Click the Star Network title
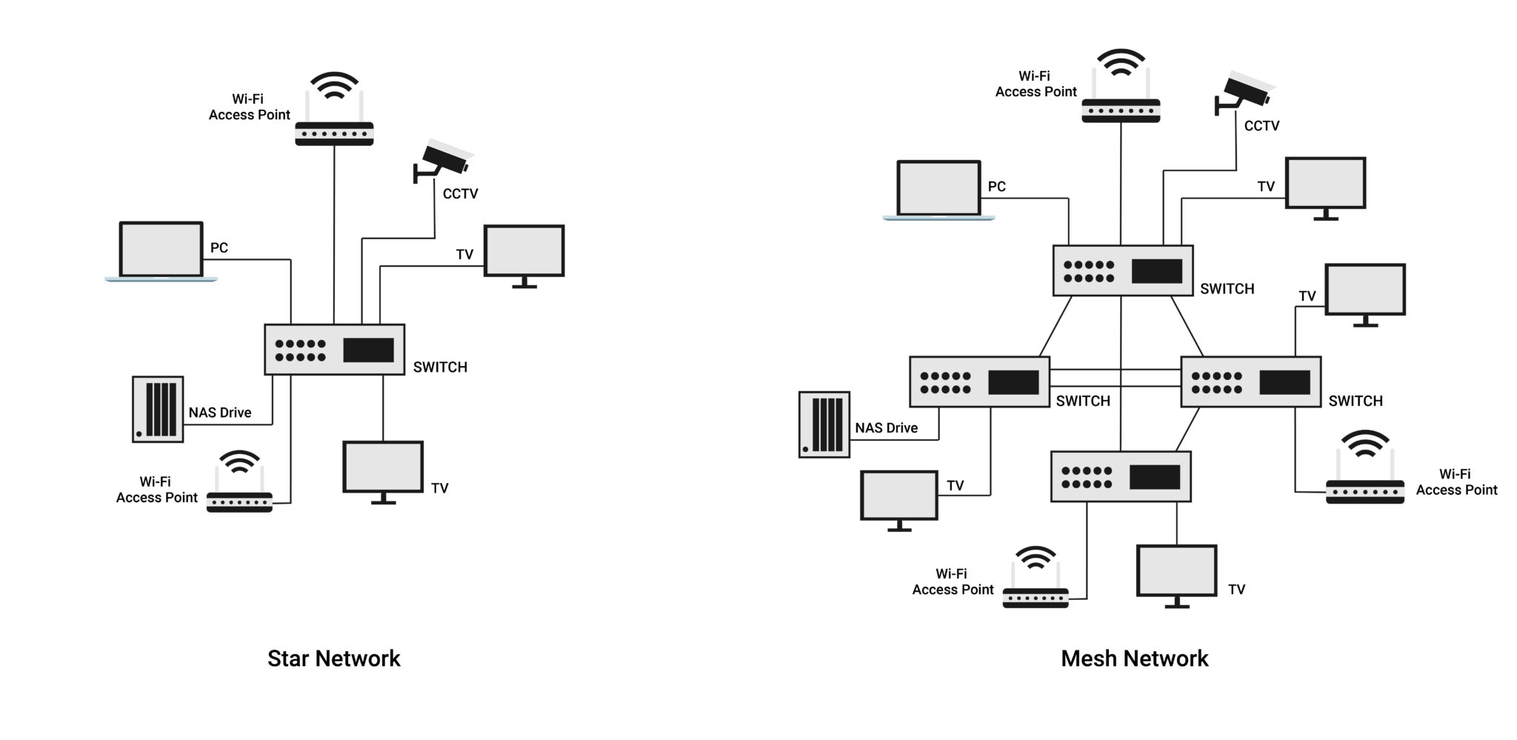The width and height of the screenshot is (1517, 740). point(333,659)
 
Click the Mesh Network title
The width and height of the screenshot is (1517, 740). point(1134,659)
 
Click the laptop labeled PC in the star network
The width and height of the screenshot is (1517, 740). point(161,250)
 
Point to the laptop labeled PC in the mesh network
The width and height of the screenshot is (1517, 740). point(938,190)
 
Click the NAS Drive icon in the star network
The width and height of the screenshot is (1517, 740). point(158,409)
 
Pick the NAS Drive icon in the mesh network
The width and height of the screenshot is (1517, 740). point(824,424)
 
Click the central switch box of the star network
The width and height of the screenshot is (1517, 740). point(334,350)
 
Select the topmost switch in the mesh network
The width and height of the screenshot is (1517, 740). point(1122,270)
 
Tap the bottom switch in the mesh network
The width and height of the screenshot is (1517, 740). point(1121,477)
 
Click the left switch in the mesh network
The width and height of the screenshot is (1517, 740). point(979,381)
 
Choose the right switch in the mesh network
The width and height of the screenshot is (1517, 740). point(1250,381)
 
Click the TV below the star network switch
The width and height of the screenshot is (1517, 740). point(383,470)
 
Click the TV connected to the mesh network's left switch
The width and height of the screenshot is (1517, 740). point(898,498)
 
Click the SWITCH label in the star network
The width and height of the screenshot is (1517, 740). point(440,367)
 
